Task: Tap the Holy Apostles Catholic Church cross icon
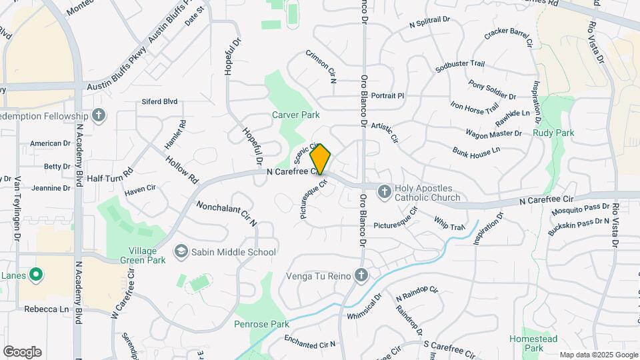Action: (384, 193)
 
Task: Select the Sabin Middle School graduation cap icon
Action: (181, 251)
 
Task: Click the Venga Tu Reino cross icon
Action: (361, 275)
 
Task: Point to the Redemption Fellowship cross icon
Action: (99, 115)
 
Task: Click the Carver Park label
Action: (296, 115)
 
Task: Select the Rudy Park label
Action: (553, 133)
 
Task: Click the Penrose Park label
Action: (261, 325)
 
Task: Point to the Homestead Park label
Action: (533, 343)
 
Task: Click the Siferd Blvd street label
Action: (159, 102)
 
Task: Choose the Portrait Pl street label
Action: (387, 95)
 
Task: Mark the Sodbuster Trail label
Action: (459, 64)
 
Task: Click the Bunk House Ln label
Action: (475, 151)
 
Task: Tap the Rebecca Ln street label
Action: (47, 309)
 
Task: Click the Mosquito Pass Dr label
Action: (580, 209)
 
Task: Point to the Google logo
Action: (22, 352)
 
